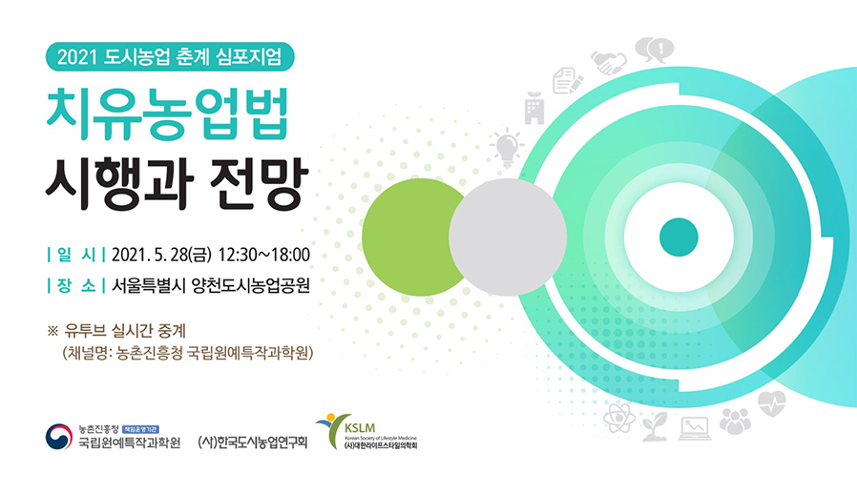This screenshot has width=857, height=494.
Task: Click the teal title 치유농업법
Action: [167, 115]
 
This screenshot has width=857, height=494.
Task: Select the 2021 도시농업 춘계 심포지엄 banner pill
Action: [170, 57]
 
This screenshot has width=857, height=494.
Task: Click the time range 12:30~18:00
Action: [264, 255]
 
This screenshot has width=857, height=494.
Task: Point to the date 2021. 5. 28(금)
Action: [161, 255]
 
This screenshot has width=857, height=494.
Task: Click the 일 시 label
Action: [76, 255]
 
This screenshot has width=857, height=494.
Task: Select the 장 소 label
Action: [76, 285]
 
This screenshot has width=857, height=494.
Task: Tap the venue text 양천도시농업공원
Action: [251, 285]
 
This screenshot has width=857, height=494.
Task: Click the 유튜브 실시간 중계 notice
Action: [125, 331]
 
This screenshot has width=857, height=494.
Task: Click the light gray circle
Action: [508, 237]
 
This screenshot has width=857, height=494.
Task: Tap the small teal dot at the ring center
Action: [679, 237]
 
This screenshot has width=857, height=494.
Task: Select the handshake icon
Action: [609, 62]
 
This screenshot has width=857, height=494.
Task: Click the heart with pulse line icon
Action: [772, 403]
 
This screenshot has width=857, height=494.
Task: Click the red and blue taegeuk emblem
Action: [59, 437]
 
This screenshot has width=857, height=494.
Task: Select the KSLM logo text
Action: [360, 428]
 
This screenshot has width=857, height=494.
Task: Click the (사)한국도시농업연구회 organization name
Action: [253, 442]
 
